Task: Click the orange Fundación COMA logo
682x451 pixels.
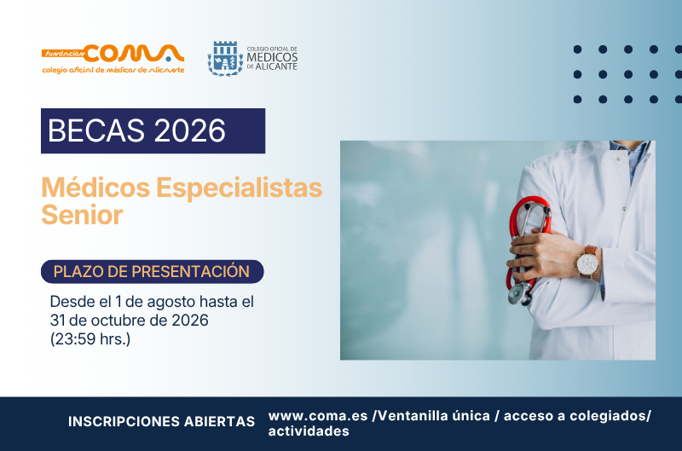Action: click(113, 59)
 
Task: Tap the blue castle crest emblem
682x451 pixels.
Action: click(225, 58)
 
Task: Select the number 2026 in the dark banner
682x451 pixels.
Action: click(189, 130)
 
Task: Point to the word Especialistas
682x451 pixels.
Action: click(240, 188)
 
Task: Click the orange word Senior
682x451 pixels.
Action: click(82, 215)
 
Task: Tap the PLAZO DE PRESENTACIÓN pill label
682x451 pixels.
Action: click(153, 271)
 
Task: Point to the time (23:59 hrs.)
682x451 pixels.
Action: click(90, 339)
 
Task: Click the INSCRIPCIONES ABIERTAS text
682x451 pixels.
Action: click(161, 421)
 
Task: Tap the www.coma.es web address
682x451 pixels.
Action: click(318, 416)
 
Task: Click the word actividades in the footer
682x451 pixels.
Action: click(309, 431)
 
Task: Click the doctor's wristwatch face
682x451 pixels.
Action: click(587, 263)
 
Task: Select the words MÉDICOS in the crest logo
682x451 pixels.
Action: click(272, 57)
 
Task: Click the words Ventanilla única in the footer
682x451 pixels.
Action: click(434, 416)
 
